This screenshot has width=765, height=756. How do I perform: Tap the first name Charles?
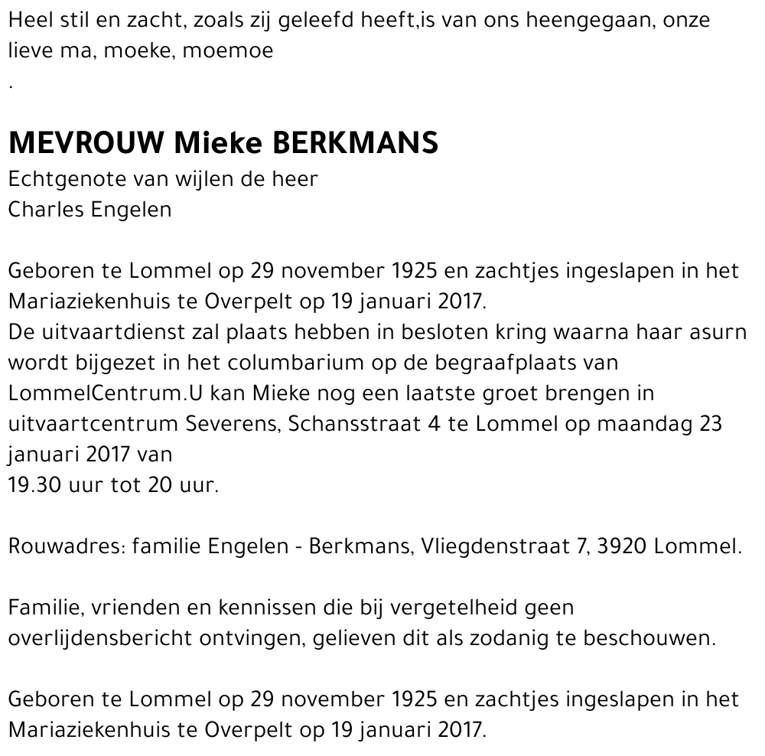pos(45,210)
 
